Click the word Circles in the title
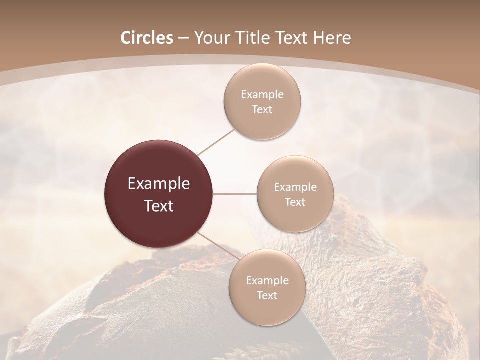coord(147,38)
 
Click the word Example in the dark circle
coord(159,184)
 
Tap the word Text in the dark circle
coord(159,206)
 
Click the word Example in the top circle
coord(262,95)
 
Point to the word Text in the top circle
coord(262,110)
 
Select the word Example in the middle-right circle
coord(295,187)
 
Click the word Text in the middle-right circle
coord(295,202)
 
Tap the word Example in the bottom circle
coord(267,281)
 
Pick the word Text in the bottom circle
coord(267,296)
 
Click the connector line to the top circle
coord(216,142)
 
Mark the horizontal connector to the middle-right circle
coord(235,194)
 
